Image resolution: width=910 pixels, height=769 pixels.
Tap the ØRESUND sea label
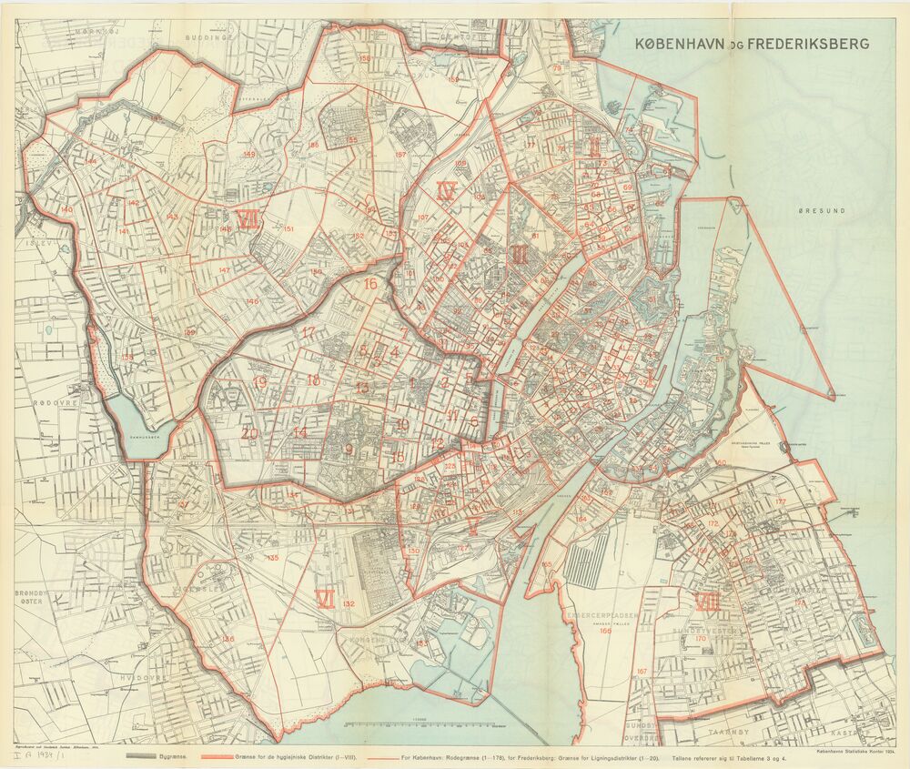pos(822,210)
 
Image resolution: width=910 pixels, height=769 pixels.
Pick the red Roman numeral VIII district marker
pos(708,602)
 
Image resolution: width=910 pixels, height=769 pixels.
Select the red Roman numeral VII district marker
pos(247,218)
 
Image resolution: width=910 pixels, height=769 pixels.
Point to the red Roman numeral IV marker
pos(446,191)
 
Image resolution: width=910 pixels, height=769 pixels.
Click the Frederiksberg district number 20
pos(249,433)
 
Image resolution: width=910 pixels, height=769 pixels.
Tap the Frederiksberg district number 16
pos(369,284)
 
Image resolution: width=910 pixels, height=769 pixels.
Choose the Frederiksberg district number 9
pos(349,449)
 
